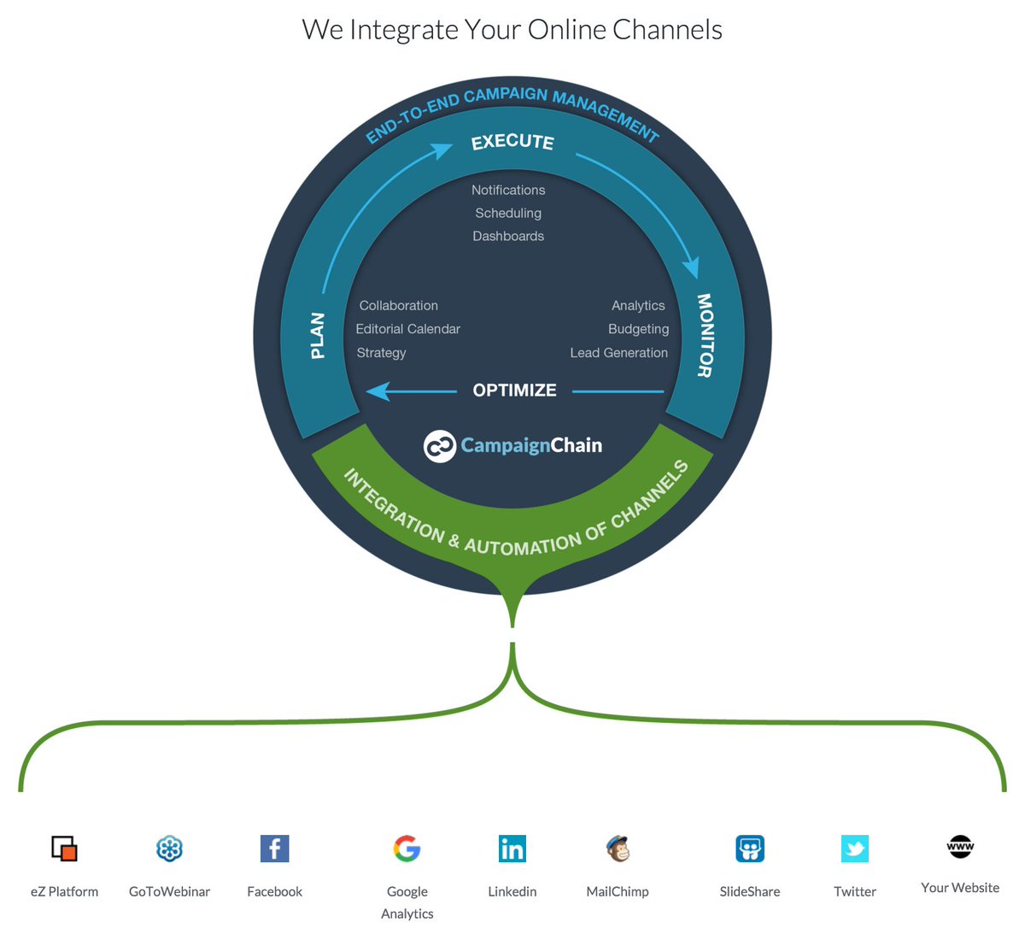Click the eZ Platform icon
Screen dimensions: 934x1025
pos(64,849)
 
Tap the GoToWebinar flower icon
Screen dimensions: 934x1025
pos(169,849)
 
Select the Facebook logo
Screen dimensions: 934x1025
pos(274,849)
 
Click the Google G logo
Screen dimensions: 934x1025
pos(407,849)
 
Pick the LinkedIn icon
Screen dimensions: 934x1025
pos(512,849)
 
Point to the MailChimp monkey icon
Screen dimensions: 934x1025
pos(618,849)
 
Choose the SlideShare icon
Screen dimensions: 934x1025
pos(750,849)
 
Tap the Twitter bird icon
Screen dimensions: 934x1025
pos(855,849)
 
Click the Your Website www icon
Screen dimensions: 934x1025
pos(960,847)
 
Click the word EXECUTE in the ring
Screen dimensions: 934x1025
pos(512,142)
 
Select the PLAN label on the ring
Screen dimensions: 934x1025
pos(318,335)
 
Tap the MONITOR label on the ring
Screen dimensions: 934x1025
pos(705,335)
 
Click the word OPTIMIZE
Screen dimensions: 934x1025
pos(514,391)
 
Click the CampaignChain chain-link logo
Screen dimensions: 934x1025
pos(440,446)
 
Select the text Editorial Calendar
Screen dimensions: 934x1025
pos(407,329)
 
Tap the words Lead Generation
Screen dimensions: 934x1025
pos(618,353)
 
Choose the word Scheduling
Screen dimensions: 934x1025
pos(508,214)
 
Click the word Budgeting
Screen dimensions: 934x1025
pos(638,329)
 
